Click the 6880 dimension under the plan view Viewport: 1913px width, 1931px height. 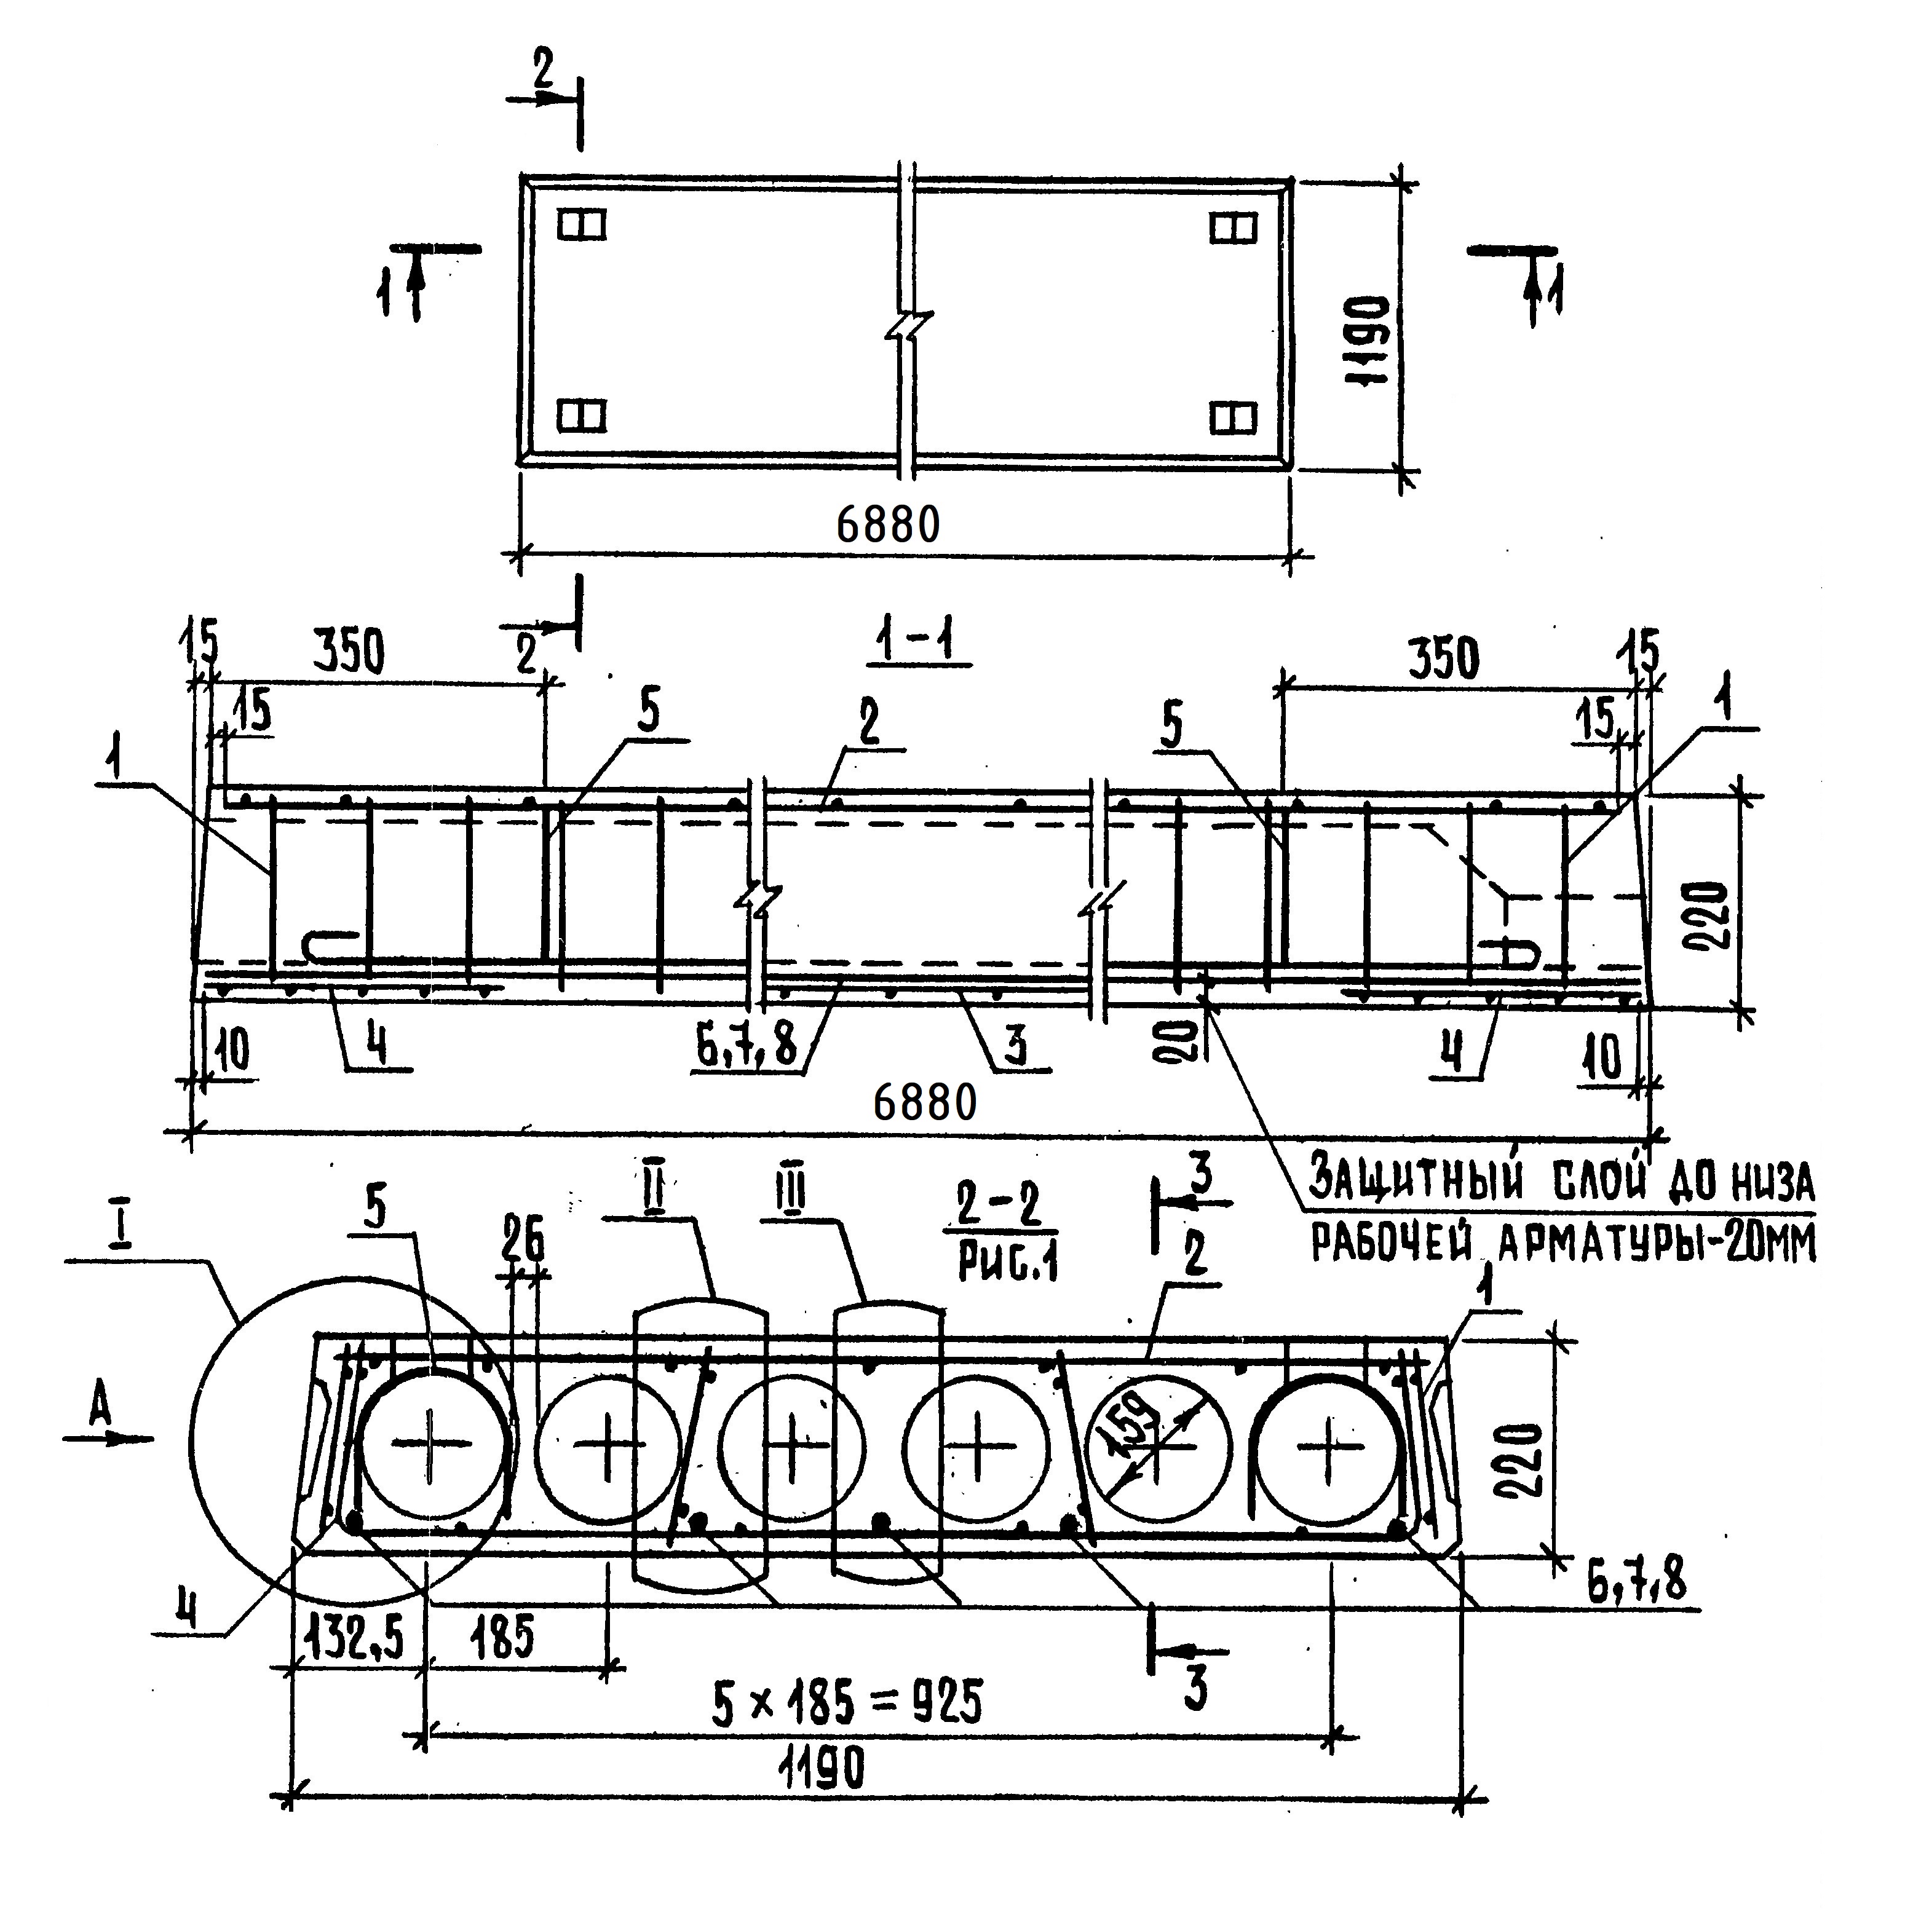click(x=887, y=525)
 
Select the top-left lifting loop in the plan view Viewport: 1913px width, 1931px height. click(x=582, y=226)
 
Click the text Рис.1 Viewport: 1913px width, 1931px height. click(x=1007, y=1262)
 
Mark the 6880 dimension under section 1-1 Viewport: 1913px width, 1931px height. click(x=924, y=1102)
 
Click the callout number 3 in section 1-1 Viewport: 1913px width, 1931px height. click(x=1015, y=1048)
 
